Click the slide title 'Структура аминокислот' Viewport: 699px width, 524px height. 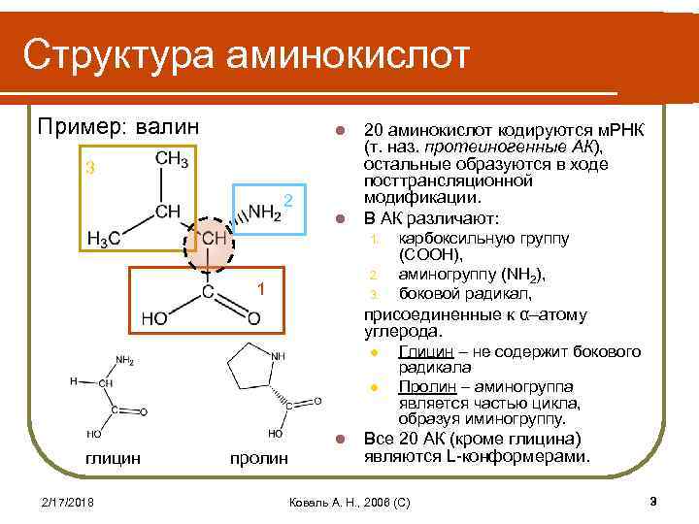pyautogui.click(x=247, y=55)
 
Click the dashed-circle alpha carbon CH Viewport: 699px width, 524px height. pyautogui.click(x=213, y=237)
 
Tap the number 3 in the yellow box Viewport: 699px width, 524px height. pyautogui.click(x=89, y=168)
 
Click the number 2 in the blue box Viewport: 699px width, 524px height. pyautogui.click(x=288, y=200)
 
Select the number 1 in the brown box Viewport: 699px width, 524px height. pyautogui.click(x=260, y=288)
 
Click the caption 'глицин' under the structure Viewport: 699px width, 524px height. pyautogui.click(x=113, y=456)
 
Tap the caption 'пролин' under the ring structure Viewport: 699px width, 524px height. pyautogui.click(x=259, y=457)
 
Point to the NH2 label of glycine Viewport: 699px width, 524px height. pyautogui.click(x=124, y=360)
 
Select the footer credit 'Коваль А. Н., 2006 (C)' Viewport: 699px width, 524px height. pyautogui.click(x=349, y=502)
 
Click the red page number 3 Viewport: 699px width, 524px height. pyautogui.click(x=653, y=501)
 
